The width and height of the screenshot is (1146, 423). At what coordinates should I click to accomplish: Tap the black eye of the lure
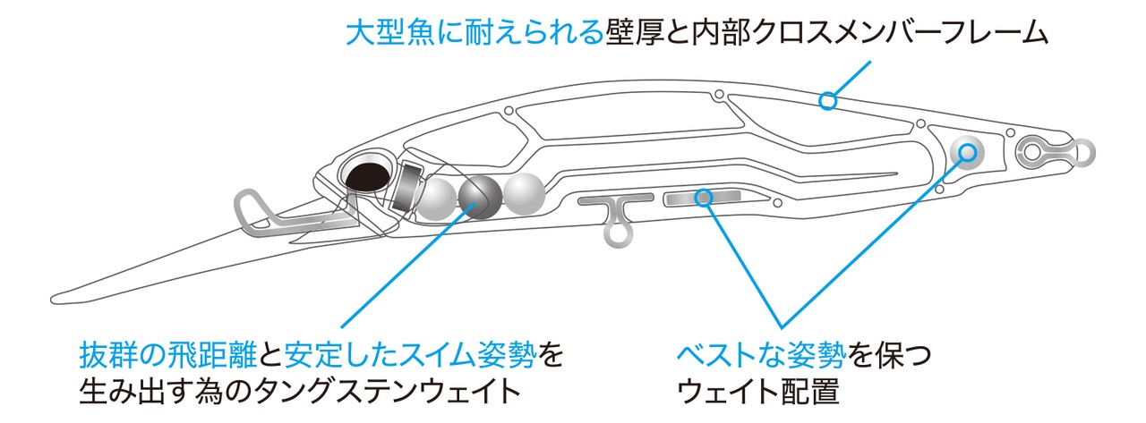coord(365,175)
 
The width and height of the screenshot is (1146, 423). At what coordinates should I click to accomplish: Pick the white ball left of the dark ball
coord(439,198)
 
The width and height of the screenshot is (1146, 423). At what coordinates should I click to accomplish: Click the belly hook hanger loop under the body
coord(616,232)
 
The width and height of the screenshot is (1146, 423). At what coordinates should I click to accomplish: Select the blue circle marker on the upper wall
coord(828,101)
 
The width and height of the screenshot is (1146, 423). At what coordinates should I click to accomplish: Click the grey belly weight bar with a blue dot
coord(704,196)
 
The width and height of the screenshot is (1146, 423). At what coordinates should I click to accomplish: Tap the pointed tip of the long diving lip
coord(56,294)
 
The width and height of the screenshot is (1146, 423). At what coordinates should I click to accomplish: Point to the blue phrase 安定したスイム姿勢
coord(412,356)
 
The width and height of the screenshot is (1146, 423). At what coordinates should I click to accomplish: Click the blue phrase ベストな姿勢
coord(759,356)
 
